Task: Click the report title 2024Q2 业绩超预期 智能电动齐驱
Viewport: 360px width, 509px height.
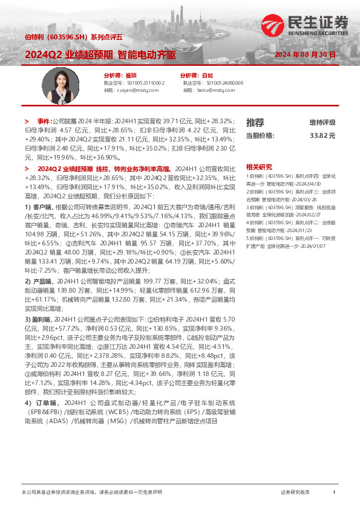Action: click(x=100, y=54)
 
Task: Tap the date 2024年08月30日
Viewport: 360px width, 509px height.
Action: click(x=305, y=55)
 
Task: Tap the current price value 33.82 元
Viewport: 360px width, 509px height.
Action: click(x=322, y=136)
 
